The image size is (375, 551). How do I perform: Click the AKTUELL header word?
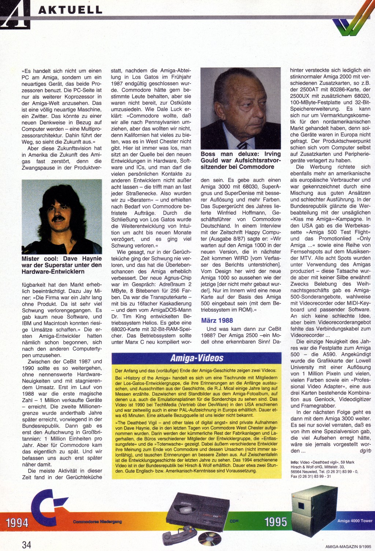click(70, 10)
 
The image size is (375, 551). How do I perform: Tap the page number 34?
click(26, 544)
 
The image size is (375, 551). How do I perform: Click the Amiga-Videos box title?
click(197, 358)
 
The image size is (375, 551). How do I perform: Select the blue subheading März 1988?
click(217, 321)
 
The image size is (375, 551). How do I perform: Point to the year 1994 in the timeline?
click(17, 522)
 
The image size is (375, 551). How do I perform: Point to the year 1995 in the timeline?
click(275, 522)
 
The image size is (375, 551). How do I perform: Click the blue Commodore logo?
click(48, 507)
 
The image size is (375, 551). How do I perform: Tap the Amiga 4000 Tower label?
click(354, 521)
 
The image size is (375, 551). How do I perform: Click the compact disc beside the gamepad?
click(210, 539)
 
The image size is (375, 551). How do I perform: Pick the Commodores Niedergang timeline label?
click(97, 522)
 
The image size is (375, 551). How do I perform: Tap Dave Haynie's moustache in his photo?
click(58, 219)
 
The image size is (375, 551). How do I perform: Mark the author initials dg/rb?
click(365, 451)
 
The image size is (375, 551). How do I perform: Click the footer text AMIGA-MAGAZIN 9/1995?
click(348, 547)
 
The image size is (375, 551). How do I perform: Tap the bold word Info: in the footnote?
click(294, 462)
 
